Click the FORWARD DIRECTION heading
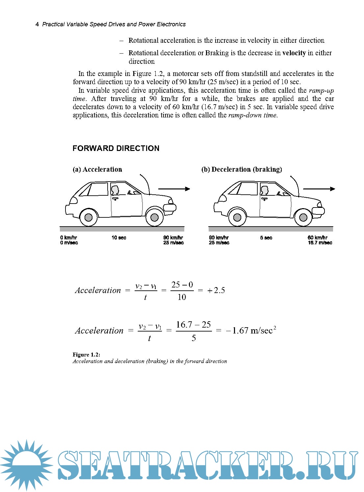(116, 148)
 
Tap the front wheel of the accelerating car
(154, 217)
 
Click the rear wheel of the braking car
(237, 217)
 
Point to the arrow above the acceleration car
(174, 189)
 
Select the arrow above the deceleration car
(319, 189)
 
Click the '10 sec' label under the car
(119, 237)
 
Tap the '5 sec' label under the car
(266, 237)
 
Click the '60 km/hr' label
(318, 237)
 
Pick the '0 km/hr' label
(69, 237)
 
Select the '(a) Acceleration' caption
(97, 169)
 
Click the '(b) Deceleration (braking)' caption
(242, 169)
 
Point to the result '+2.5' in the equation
(216, 290)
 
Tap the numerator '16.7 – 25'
(194, 325)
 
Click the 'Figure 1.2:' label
(87, 355)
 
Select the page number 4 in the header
(37, 24)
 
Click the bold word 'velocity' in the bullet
(294, 53)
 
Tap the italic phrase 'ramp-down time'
(253, 115)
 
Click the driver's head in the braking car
(264, 190)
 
